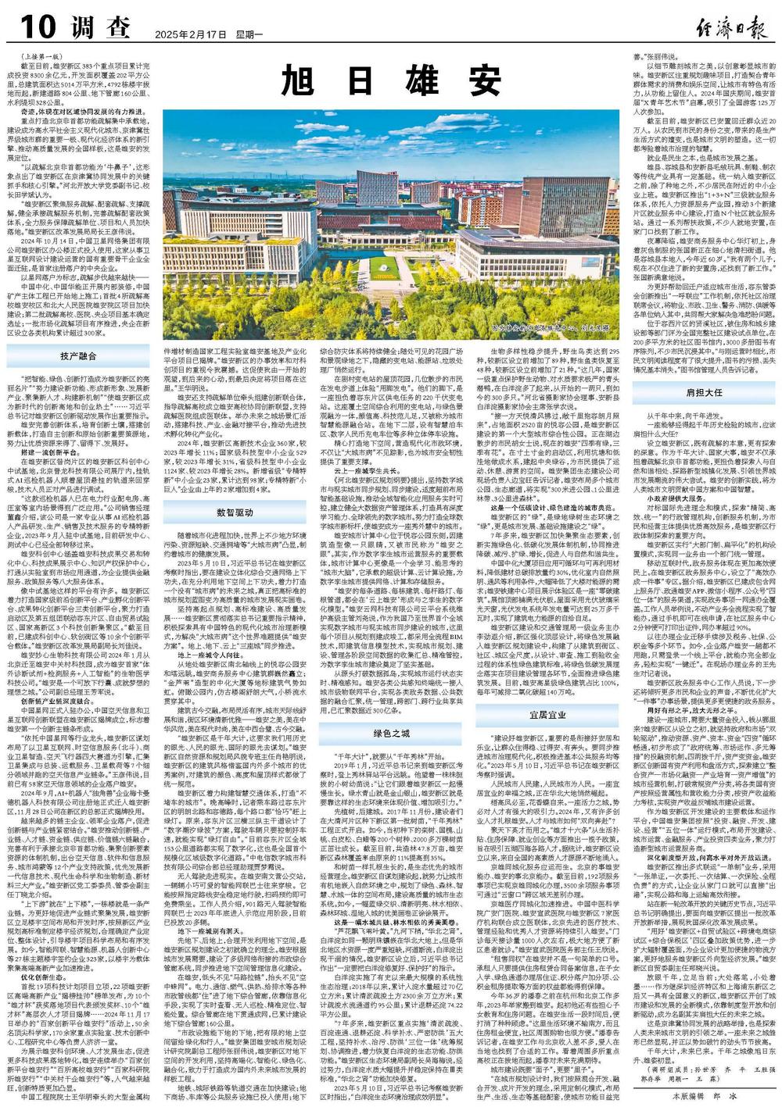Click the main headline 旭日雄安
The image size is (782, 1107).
391,78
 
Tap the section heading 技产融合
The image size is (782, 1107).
78,355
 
